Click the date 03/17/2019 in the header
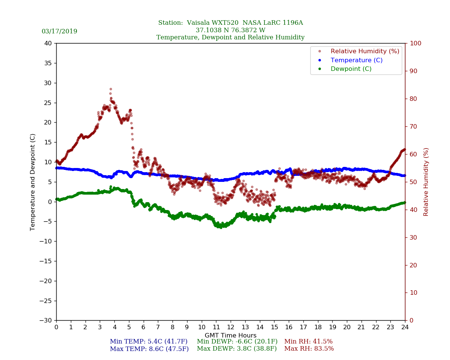[59, 31]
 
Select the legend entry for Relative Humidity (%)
[364, 51]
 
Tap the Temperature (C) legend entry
[356, 60]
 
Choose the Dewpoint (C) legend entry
[351, 69]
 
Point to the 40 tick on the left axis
[48, 43]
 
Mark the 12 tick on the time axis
[231, 327]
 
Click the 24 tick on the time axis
[405, 327]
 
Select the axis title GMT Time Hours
[231, 336]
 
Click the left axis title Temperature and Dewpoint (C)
[33, 182]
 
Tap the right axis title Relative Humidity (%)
[426, 182]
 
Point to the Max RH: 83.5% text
[309, 349]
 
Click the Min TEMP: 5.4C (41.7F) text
[148, 342]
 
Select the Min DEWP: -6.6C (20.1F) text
[237, 342]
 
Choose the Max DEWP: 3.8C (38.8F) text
[237, 349]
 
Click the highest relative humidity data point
[111, 89]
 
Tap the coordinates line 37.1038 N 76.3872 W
[230, 30]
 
